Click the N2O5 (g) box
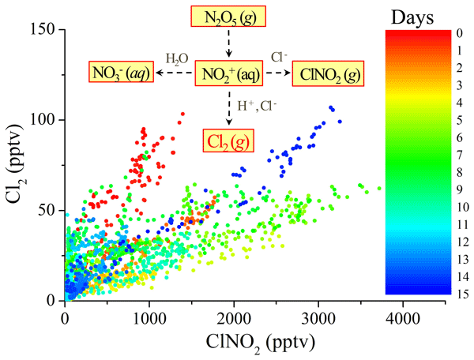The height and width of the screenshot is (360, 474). tap(228, 16)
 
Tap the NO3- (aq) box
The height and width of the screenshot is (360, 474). tap(120, 74)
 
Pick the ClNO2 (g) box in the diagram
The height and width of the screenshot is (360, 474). tap(329, 74)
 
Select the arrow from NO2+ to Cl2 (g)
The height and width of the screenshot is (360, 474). tap(228, 107)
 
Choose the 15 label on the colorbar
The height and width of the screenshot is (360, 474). tap(460, 294)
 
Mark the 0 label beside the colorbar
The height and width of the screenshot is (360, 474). tap(459, 33)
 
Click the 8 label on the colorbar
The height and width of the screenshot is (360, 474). tap(459, 172)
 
